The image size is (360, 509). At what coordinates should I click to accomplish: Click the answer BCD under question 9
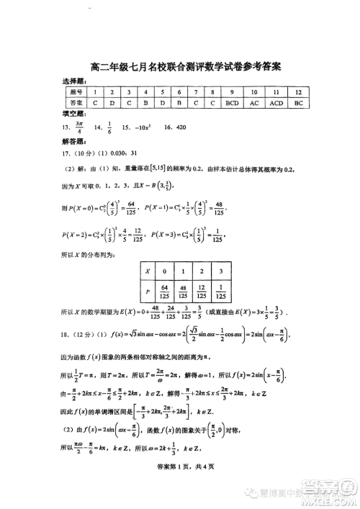232,104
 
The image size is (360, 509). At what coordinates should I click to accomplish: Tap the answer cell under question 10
254,104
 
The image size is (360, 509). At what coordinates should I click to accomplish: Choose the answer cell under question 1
94,104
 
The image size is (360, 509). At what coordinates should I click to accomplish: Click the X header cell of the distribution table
148,272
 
